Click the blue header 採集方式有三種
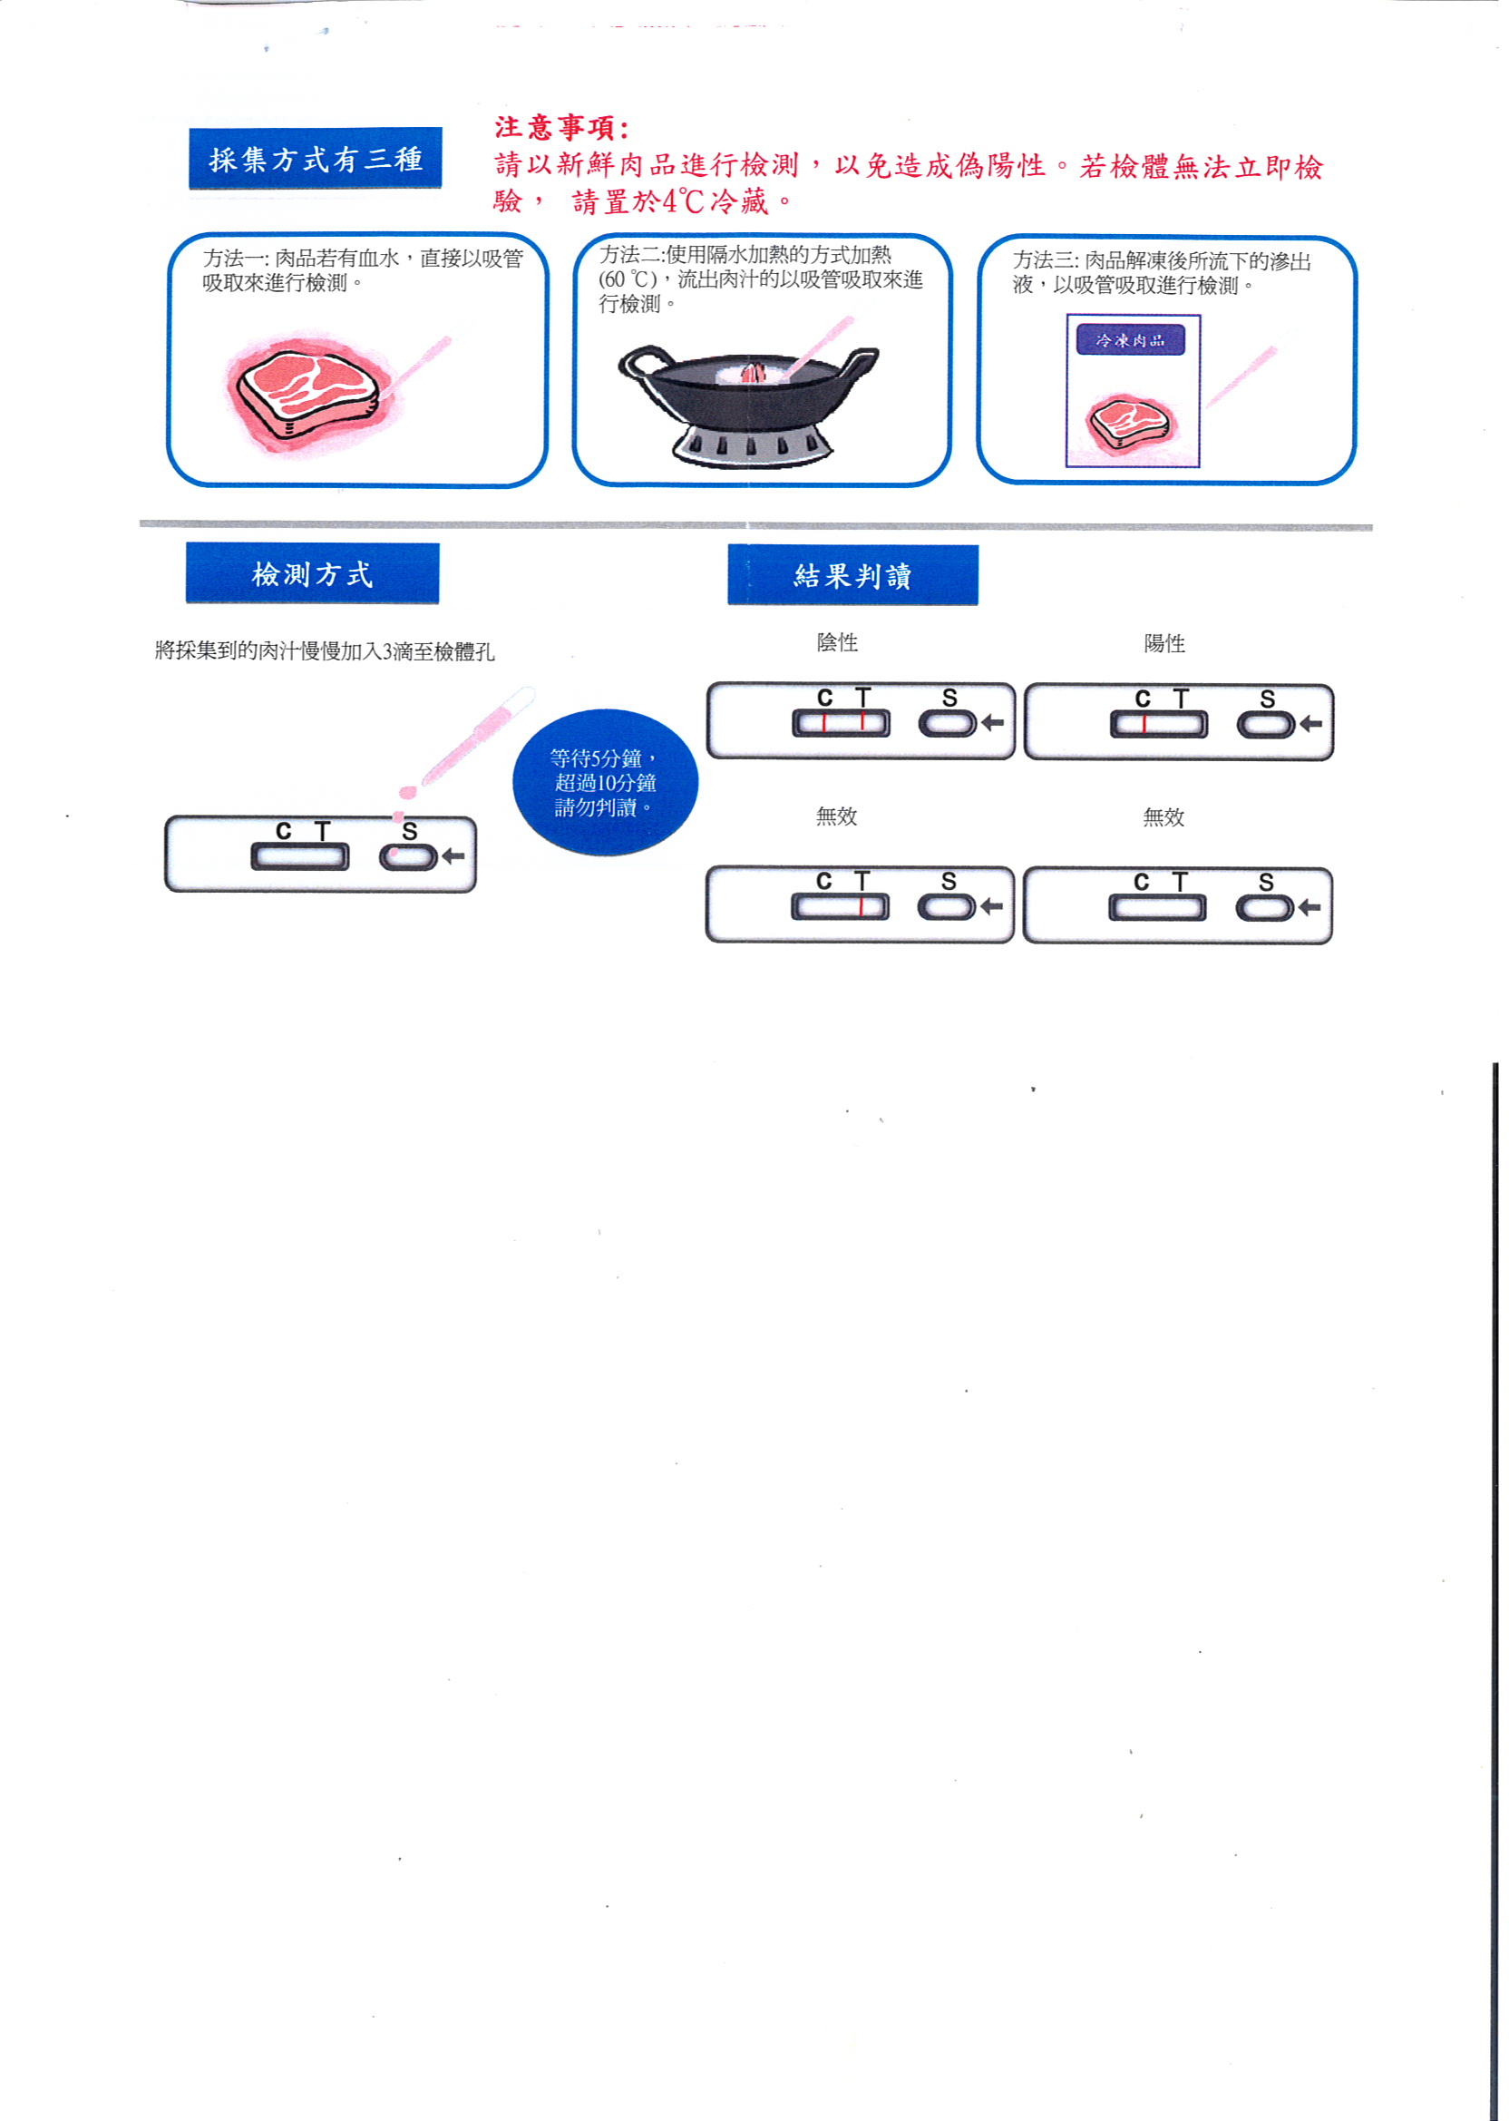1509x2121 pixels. click(x=315, y=158)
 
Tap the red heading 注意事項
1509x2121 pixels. click(x=561, y=127)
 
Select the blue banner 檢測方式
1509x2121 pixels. click(x=312, y=573)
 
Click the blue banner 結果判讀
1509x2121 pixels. click(x=853, y=575)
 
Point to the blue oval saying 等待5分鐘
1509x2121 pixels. click(x=605, y=783)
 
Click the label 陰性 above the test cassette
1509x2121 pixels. click(x=837, y=642)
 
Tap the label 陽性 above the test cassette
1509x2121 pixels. click(x=1164, y=643)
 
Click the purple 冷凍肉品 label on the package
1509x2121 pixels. click(x=1130, y=340)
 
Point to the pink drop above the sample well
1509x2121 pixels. click(x=406, y=792)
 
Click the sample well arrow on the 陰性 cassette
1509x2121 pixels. click(x=992, y=722)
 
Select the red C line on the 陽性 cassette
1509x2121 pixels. click(x=1144, y=724)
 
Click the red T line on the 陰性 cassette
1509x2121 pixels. click(x=863, y=721)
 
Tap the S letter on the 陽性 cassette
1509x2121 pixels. click(x=1268, y=699)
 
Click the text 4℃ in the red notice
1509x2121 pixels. click(x=683, y=200)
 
